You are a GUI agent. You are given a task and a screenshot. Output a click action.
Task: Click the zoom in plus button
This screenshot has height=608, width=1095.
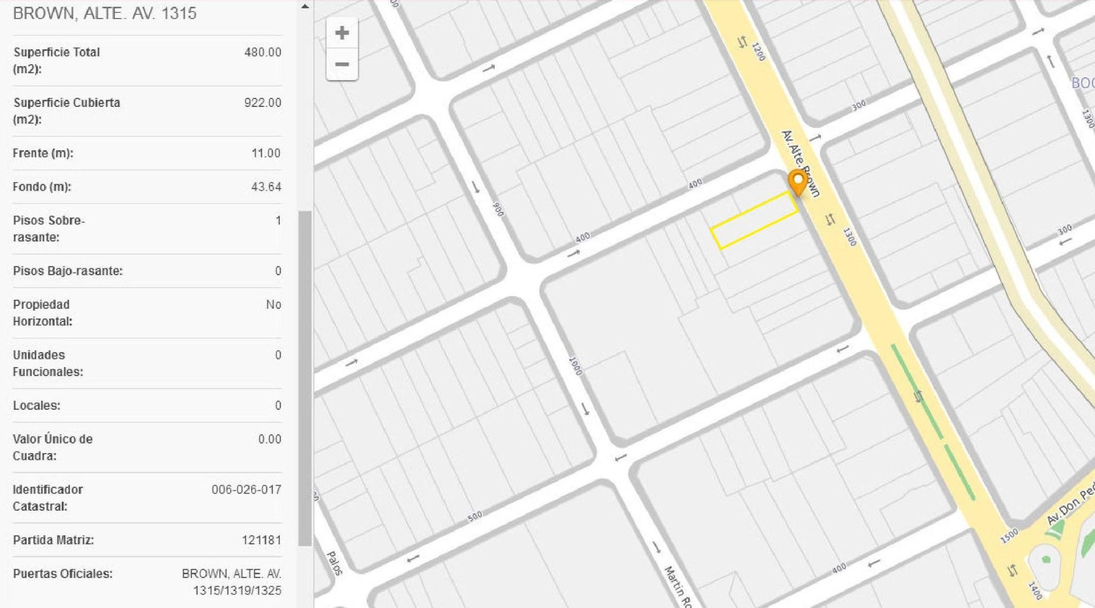342,33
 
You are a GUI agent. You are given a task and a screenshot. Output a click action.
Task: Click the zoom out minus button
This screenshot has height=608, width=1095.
342,64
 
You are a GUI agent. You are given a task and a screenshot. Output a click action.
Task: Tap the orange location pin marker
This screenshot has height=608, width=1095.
797,182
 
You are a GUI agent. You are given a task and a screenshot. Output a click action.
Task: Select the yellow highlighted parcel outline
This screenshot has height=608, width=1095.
754,221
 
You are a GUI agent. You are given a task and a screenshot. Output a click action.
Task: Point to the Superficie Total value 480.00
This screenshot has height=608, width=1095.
262,52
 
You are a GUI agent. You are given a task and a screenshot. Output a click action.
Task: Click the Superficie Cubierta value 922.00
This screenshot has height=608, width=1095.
262,103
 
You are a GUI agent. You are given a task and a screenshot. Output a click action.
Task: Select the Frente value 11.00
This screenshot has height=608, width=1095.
266,153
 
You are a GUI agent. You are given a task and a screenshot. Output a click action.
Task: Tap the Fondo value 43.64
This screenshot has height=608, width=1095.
266,187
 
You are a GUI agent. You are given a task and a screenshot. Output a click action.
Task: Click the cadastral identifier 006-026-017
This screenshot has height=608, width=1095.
246,490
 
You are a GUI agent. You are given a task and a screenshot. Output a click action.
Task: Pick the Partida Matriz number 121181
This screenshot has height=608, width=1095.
261,540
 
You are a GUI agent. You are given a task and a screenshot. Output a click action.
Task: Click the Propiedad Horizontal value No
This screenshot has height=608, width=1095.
274,305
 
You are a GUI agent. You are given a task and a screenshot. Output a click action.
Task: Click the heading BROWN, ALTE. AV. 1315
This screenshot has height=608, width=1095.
105,14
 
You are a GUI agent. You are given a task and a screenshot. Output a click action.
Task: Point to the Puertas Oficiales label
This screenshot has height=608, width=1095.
62,574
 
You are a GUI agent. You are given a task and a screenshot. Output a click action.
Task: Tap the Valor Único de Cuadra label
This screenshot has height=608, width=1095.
52,448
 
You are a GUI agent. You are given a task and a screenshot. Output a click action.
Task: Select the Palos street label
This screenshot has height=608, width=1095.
334,563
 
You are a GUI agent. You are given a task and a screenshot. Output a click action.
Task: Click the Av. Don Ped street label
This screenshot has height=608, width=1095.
1070,506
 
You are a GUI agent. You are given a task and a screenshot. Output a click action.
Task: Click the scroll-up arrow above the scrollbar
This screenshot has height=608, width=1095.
305,7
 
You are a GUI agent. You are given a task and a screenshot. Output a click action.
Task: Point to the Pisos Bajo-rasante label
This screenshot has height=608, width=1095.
68,271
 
